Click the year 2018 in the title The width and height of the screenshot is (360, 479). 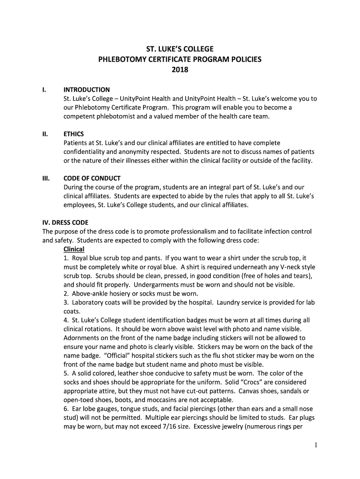click(x=180, y=70)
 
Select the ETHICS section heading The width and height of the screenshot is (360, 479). click(x=74, y=134)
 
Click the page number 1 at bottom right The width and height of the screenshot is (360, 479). click(x=316, y=445)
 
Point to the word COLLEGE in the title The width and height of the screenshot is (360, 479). click(x=194, y=49)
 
